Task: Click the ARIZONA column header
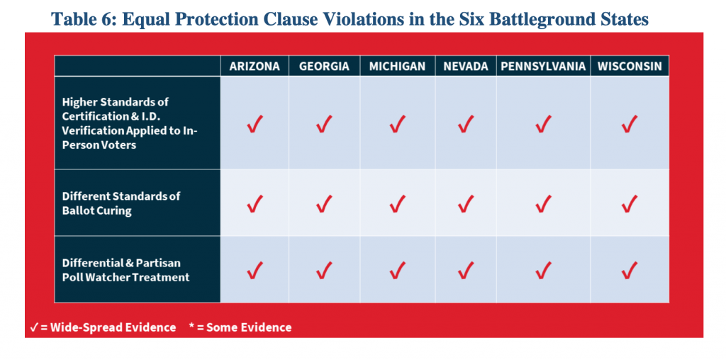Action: point(255,66)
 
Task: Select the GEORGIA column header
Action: point(324,66)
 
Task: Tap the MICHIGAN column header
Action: point(397,66)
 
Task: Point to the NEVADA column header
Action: point(466,66)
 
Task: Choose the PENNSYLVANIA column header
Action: point(543,66)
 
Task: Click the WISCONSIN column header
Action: point(630,66)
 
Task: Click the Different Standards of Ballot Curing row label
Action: point(121,203)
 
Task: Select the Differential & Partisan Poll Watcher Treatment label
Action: point(126,270)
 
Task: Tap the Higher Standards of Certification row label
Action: point(130,123)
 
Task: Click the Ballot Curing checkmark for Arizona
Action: point(255,203)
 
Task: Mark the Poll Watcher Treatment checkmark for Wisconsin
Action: point(630,270)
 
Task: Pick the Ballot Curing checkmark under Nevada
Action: point(466,203)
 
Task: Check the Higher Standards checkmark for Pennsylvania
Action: point(543,124)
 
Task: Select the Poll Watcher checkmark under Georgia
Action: point(324,270)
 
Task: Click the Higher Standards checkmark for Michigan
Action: point(397,124)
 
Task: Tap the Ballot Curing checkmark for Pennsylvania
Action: point(543,203)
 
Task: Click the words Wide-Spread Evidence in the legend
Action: point(113,327)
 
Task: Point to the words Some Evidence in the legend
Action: point(249,327)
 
